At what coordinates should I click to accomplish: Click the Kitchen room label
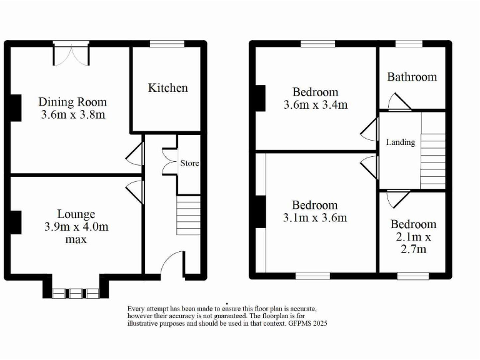click(167, 88)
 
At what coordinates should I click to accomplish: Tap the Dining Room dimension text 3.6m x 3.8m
click(72, 115)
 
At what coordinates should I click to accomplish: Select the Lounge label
click(76, 214)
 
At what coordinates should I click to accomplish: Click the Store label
click(189, 163)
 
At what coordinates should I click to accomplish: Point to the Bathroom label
click(412, 77)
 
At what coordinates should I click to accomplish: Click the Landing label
click(400, 142)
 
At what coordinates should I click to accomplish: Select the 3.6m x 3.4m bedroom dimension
click(315, 105)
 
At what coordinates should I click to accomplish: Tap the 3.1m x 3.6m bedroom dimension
click(319, 218)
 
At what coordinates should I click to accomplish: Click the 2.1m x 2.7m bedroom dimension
click(413, 243)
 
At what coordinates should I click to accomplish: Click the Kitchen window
click(162, 44)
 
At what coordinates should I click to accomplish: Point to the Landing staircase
click(432, 160)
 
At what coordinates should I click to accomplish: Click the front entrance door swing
click(172, 262)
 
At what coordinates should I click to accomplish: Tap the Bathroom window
click(409, 44)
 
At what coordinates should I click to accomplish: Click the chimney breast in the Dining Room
click(15, 107)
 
